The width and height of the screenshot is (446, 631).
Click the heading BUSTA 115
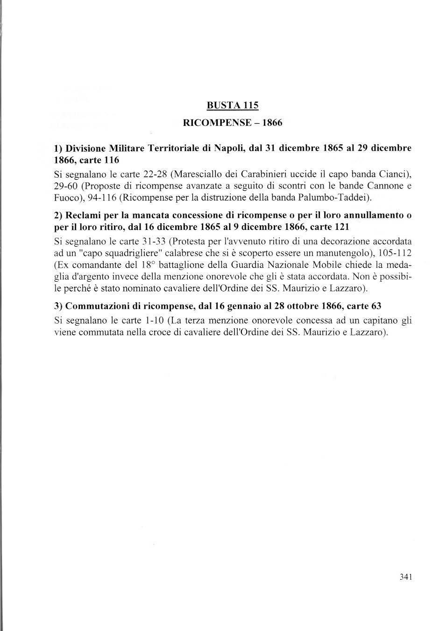coord(233,105)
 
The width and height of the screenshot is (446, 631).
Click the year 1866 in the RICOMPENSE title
coord(272,123)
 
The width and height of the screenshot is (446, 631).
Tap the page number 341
coord(405,577)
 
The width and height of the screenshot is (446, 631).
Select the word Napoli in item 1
coord(229,149)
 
